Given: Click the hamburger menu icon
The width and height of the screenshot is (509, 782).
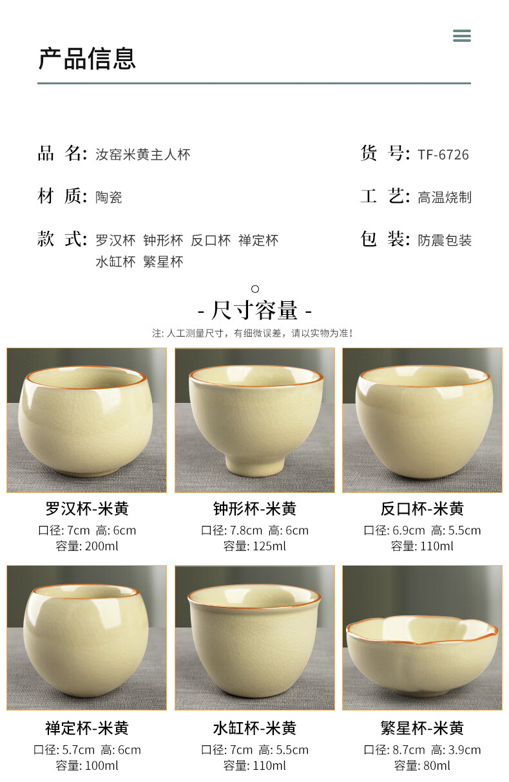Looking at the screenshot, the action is click(462, 35).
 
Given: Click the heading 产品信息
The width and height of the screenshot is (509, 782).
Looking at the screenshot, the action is click(87, 59).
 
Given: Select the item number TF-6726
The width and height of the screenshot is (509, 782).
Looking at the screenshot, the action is click(443, 154).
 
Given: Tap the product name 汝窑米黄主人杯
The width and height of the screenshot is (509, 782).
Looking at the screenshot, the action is click(143, 154).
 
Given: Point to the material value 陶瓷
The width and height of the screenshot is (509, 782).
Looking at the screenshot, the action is click(109, 198).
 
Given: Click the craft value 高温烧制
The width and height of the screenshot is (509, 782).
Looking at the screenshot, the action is click(445, 198).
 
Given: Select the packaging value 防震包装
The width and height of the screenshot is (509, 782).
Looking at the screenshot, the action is click(445, 241).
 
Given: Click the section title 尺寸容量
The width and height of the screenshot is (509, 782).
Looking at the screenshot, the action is click(254, 310).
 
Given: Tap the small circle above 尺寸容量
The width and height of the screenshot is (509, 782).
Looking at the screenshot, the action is click(255, 289).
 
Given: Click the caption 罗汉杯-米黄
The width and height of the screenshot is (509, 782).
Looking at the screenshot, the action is click(87, 508).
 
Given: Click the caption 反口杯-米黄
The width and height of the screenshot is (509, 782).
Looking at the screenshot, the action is click(422, 508).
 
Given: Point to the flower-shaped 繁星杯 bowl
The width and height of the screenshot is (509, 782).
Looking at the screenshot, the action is click(422, 656).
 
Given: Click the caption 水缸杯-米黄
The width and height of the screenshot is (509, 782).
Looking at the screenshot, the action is click(254, 729).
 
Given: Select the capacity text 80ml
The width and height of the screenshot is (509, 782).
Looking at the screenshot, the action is click(437, 766).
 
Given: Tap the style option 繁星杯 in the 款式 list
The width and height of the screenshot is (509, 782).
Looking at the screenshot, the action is click(163, 262).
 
